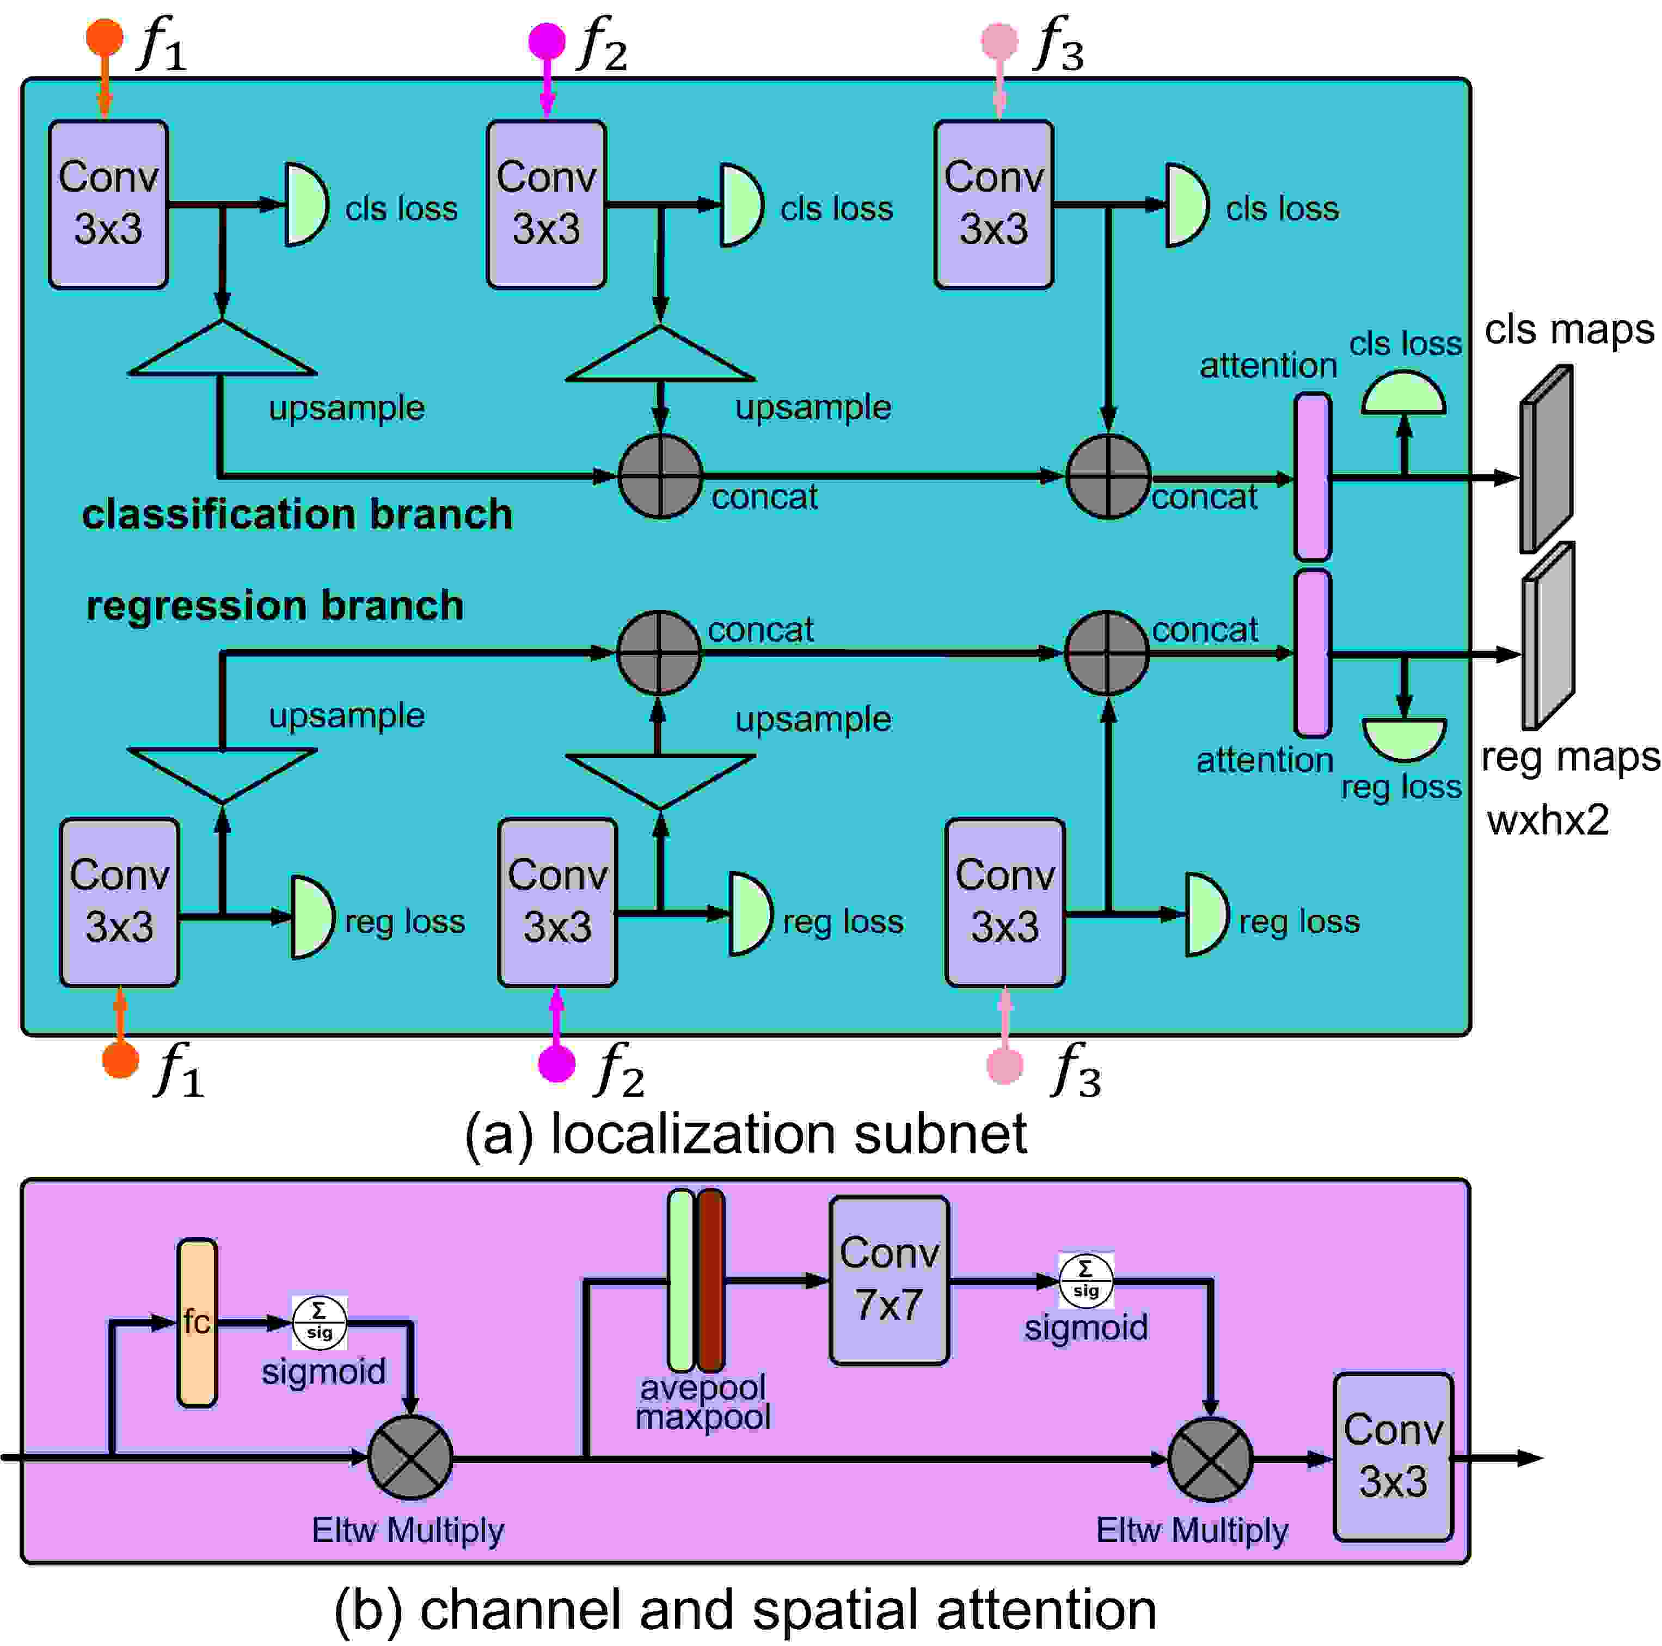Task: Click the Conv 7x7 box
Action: tap(888, 1280)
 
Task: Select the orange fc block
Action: tap(197, 1323)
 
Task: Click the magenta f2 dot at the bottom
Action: tap(556, 1063)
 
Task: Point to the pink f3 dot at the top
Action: tap(999, 40)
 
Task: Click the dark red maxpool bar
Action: tap(710, 1280)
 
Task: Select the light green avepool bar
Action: tap(680, 1280)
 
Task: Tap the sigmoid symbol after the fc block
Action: tap(319, 1323)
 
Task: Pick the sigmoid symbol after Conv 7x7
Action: tap(1085, 1280)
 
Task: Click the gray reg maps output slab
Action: tap(1548, 637)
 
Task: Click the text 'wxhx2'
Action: tap(1548, 820)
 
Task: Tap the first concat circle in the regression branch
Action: tap(659, 653)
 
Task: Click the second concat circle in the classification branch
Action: tap(1108, 476)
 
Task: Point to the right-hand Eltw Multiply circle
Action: tap(1210, 1459)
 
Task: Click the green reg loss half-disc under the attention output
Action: tap(1404, 738)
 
